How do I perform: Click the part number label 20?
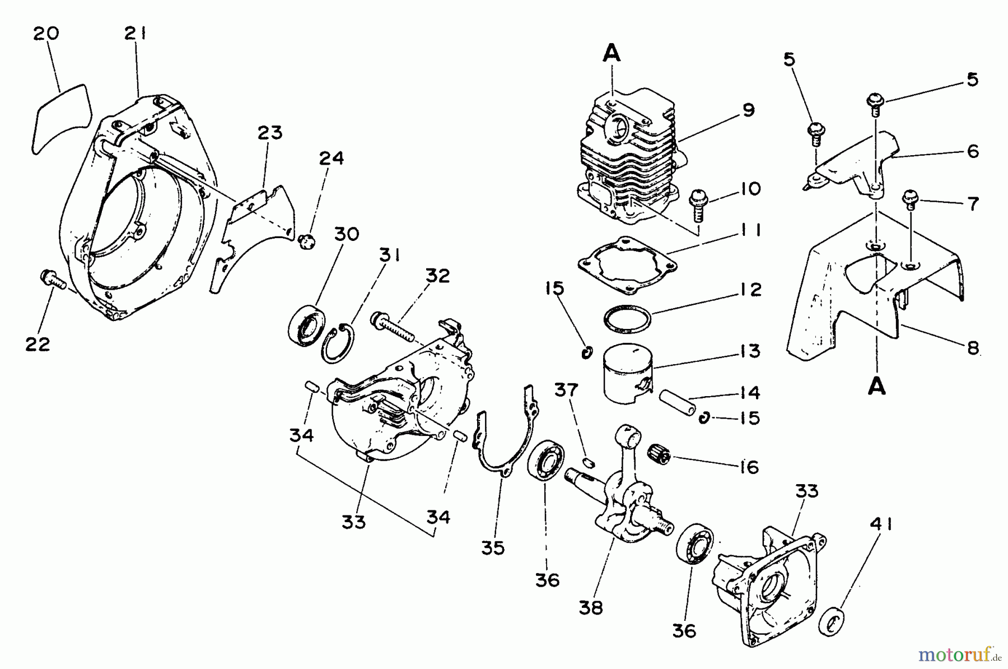[46, 34]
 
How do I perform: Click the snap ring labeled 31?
[338, 343]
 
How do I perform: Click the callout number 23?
[270, 133]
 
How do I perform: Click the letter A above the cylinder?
[612, 54]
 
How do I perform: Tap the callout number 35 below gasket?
[493, 547]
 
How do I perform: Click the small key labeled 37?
[588, 462]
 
